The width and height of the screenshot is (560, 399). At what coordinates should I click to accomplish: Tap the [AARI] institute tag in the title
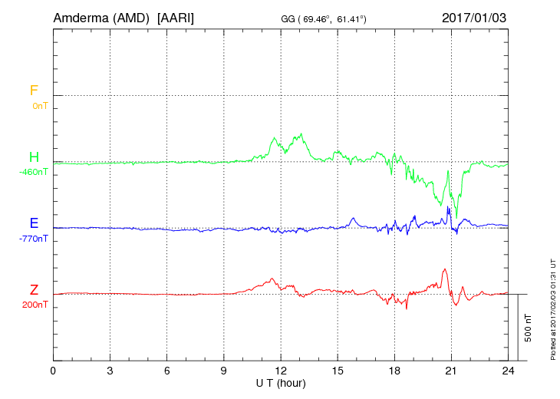pos(175,18)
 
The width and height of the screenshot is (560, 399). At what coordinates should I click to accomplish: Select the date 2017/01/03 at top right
pos(474,18)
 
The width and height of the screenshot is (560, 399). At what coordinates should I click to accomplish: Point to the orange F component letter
pos(34,91)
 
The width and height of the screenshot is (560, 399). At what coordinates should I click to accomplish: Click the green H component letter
pos(34,157)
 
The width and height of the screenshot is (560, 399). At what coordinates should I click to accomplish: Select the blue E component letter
pos(34,223)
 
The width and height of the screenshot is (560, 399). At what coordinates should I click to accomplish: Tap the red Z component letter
pos(34,289)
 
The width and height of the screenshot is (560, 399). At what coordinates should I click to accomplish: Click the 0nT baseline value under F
pos(39,105)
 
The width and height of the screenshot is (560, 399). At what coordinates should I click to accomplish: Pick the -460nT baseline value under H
pos(33,172)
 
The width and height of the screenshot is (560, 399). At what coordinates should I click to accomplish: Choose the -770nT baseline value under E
pos(33,239)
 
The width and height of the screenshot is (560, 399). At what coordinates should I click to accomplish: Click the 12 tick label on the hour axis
pos(281,370)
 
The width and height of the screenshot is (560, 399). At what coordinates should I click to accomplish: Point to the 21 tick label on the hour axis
pos(451,370)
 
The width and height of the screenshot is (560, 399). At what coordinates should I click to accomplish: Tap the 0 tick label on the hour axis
pos(53,370)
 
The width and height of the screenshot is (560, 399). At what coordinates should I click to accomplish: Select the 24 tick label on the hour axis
pos(508,370)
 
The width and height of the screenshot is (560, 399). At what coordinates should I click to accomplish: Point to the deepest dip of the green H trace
pos(456,217)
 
